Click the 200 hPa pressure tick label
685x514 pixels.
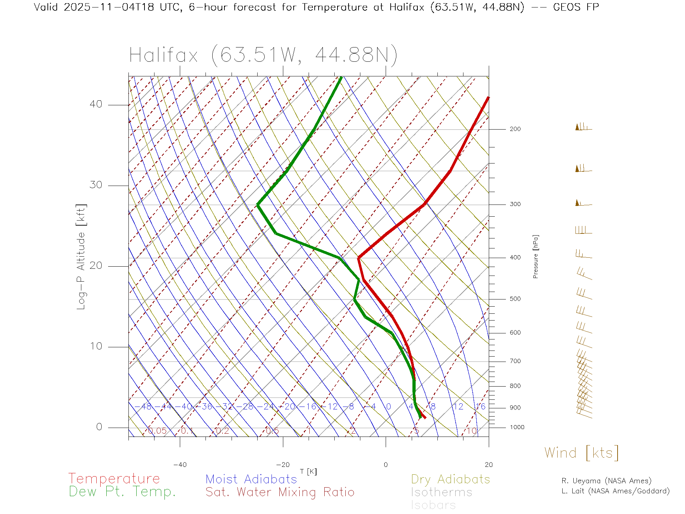(x=515, y=129)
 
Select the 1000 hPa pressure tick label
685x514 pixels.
(x=517, y=427)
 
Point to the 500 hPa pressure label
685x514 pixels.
(x=515, y=299)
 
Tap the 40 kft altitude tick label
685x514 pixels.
(x=96, y=104)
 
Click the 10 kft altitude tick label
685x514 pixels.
(x=96, y=346)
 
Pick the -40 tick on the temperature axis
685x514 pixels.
(x=180, y=465)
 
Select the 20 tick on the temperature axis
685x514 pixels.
(x=488, y=465)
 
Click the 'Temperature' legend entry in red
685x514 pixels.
(x=114, y=479)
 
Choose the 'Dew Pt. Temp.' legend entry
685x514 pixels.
(x=122, y=492)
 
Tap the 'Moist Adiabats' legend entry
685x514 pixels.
(x=251, y=479)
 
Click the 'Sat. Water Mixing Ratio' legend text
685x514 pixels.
(x=280, y=492)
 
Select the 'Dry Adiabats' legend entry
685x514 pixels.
(x=450, y=479)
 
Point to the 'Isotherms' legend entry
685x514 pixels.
(x=441, y=492)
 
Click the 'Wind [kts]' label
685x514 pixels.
(x=581, y=453)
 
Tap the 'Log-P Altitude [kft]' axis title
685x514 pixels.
(x=81, y=257)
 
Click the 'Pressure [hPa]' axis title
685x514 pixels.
(x=536, y=256)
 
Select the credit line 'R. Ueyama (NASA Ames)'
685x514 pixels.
(x=606, y=481)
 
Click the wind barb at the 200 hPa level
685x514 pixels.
(x=583, y=127)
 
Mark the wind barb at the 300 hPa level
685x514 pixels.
(x=583, y=203)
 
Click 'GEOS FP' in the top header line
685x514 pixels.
(x=575, y=7)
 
